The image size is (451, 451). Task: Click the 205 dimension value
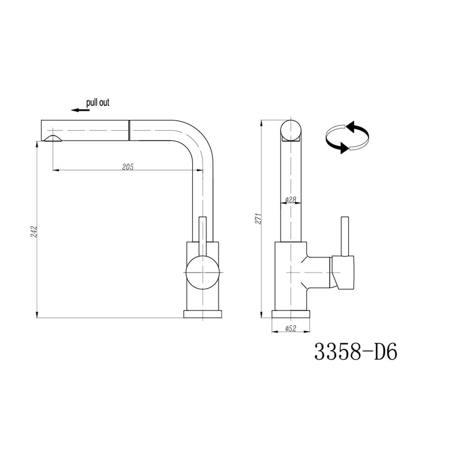click(x=128, y=166)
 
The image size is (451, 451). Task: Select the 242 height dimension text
click(x=34, y=231)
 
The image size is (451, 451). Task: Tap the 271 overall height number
click(x=258, y=219)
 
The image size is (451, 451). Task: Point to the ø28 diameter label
click(x=290, y=199)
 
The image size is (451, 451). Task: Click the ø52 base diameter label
click(x=291, y=328)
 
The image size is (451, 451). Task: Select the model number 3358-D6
click(x=355, y=351)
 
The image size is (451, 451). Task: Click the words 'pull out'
click(x=98, y=102)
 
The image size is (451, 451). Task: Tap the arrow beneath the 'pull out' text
click(x=80, y=110)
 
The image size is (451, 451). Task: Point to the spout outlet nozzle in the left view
click(x=53, y=138)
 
